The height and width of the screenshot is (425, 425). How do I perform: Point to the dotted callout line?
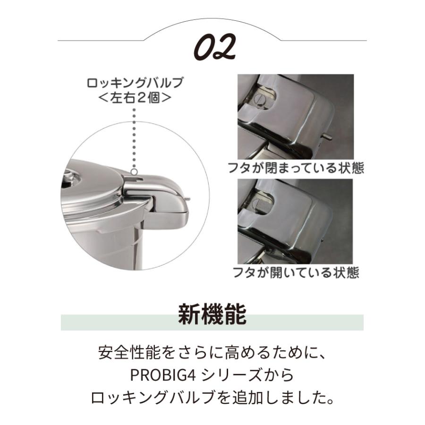point(135,137)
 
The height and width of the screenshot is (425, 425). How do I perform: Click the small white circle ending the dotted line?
point(135,172)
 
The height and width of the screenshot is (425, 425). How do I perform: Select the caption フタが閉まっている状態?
point(295,168)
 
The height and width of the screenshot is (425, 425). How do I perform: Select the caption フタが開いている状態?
point(295,272)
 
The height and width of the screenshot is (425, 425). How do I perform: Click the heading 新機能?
point(212,315)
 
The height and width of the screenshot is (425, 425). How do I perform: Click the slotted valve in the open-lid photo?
point(257,204)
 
